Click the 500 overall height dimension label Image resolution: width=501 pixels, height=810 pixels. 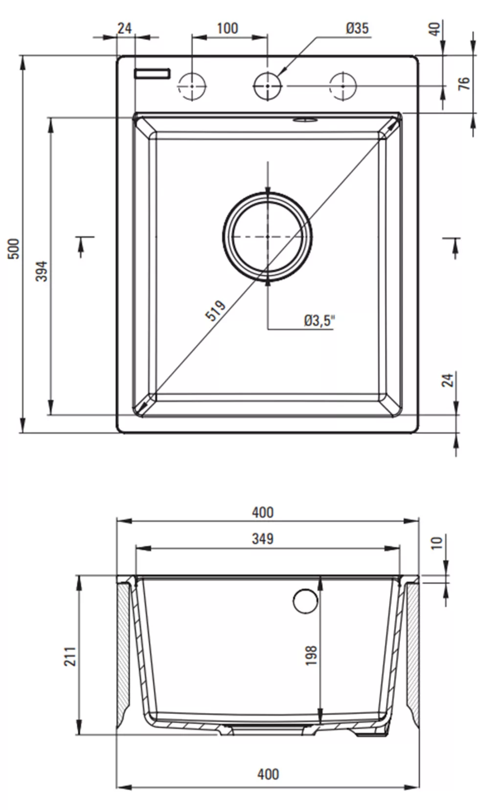pyautogui.click(x=13, y=248)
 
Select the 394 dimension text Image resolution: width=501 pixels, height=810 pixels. pyautogui.click(x=42, y=271)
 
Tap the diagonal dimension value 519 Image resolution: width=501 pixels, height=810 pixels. pyautogui.click(x=215, y=310)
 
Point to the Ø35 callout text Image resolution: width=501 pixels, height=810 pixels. pyautogui.click(x=357, y=28)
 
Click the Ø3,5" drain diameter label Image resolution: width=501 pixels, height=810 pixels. pyautogui.click(x=319, y=320)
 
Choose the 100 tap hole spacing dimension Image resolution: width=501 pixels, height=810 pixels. pyautogui.click(x=227, y=28)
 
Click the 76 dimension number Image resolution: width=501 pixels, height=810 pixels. pyautogui.click(x=464, y=84)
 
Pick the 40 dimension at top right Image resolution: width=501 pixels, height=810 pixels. pyautogui.click(x=435, y=29)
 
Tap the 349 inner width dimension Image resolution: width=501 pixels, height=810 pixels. pyautogui.click(x=263, y=539)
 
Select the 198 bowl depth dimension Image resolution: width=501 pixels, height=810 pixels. pyautogui.click(x=311, y=655)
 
